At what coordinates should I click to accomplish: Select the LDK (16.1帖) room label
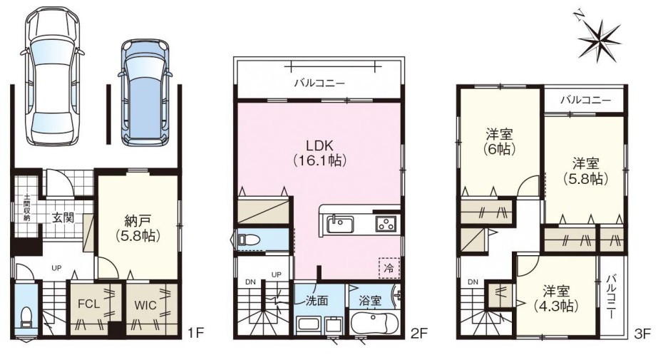point(319,153)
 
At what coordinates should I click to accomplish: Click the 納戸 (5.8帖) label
point(138,227)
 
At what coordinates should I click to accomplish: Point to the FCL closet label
point(89,304)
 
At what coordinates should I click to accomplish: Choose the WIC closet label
point(145,304)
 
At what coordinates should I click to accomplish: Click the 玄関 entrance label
point(63,217)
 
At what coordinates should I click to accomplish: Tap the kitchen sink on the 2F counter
point(340,222)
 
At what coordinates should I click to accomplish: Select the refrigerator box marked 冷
point(389,267)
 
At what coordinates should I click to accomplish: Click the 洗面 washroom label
point(317,301)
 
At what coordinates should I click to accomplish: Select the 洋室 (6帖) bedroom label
point(499,142)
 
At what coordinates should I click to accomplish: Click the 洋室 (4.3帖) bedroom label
point(556,298)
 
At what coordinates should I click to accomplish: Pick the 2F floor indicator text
point(419,334)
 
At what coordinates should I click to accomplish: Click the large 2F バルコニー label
point(319,83)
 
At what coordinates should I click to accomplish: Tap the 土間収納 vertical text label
point(26,207)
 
